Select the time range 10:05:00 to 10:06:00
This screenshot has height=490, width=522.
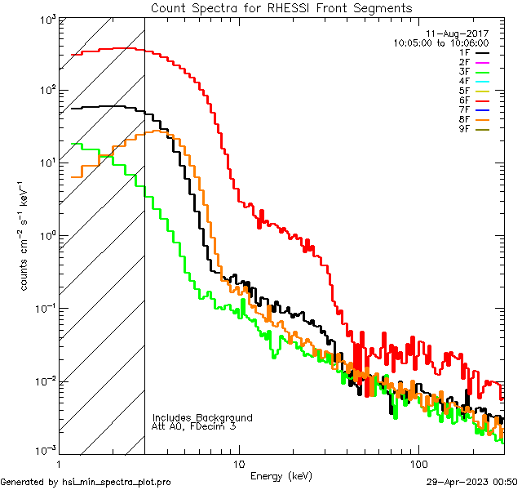440,42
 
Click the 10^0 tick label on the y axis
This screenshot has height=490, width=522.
45,236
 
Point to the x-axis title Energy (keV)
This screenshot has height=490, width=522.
281,475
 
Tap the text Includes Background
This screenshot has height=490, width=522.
201,418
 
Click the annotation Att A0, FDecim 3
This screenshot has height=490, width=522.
194,426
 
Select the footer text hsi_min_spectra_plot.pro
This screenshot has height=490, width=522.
116,483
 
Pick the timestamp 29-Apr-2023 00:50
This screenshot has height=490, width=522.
472,483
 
